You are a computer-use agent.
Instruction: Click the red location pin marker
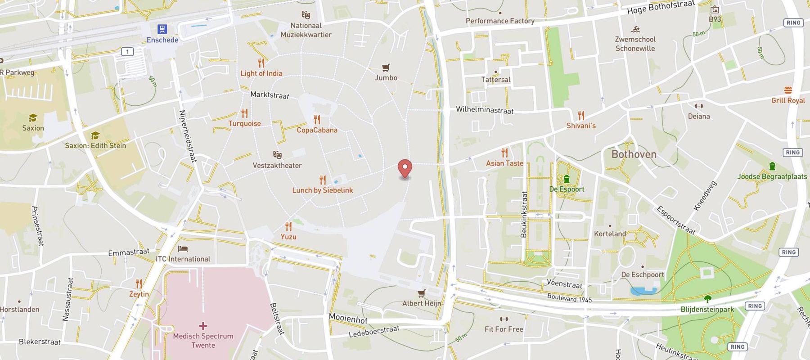[405, 168]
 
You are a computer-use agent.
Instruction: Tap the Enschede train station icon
[162, 29]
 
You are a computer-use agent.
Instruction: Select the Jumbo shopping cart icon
[386, 68]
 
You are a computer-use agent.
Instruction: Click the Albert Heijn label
[422, 303]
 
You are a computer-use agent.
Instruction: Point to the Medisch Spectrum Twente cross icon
[203, 325]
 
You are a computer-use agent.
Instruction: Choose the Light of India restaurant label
[261, 73]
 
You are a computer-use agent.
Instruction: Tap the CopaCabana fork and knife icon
[317, 120]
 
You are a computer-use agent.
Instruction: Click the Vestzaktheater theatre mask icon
[277, 155]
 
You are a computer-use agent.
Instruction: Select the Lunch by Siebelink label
[322, 190]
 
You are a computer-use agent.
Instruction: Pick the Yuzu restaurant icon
[288, 226]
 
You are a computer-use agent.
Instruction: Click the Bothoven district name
[634, 154]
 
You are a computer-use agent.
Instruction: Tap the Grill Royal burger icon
[788, 90]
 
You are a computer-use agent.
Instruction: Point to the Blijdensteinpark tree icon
[707, 299]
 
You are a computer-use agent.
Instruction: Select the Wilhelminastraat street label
[484, 110]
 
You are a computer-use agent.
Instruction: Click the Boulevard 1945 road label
[569, 298]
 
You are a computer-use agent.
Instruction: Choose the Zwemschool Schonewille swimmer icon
[635, 30]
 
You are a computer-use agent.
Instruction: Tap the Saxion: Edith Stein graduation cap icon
[95, 135]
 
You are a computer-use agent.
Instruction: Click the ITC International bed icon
[183, 249]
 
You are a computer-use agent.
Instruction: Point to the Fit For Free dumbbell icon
[504, 319]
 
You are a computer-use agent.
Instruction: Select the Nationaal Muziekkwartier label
[306, 30]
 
